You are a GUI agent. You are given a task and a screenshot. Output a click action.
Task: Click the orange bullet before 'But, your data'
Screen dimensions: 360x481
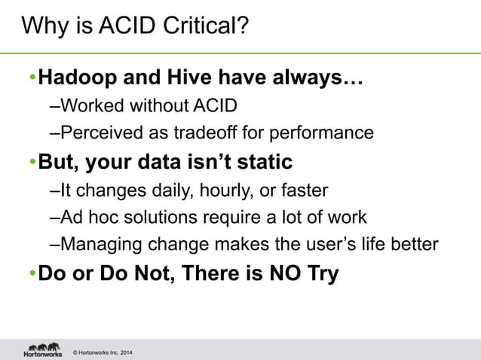pyautogui.click(x=32, y=162)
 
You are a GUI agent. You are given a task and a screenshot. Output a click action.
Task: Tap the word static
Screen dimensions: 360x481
pyautogui.click(x=261, y=162)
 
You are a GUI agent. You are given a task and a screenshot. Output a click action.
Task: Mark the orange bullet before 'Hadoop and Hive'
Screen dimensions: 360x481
pyautogui.click(x=32, y=78)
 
